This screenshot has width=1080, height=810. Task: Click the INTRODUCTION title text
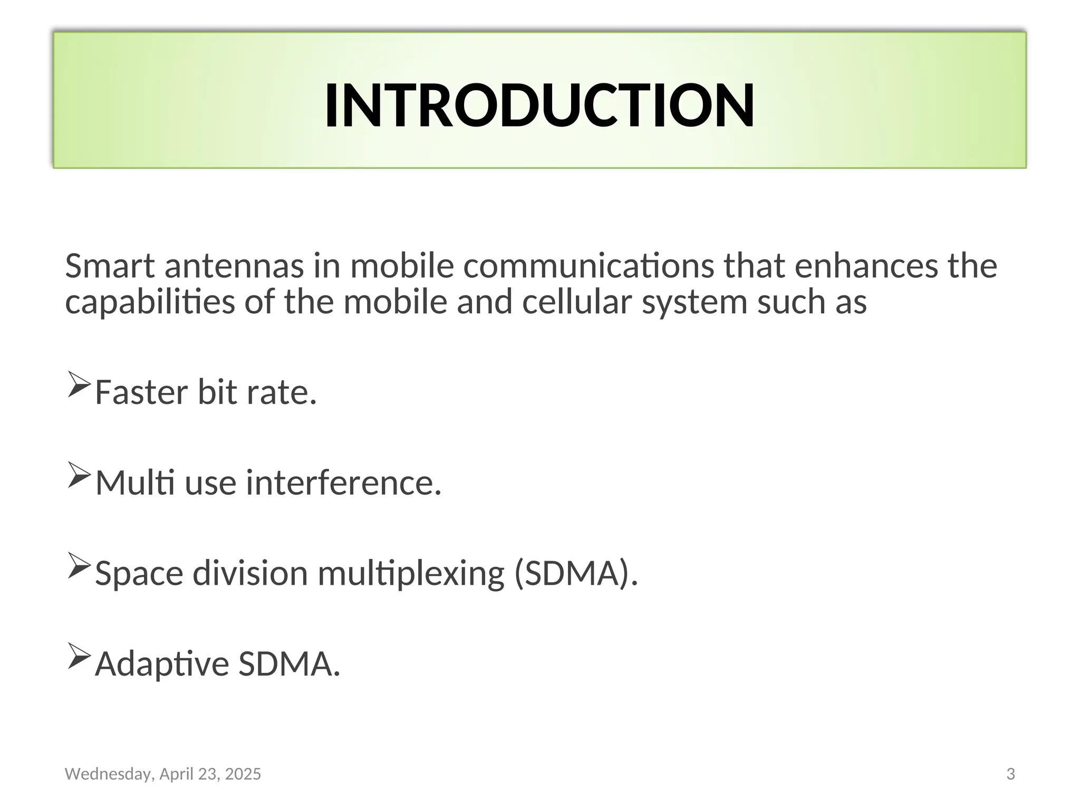click(539, 105)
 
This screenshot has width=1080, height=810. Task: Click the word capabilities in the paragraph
click(150, 302)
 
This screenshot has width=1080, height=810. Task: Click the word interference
click(343, 483)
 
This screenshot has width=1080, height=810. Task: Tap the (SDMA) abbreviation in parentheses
click(576, 573)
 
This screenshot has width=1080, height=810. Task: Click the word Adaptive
click(162, 663)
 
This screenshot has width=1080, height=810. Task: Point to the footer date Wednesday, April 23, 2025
click(162, 774)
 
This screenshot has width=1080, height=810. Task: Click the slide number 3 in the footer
click(1010, 774)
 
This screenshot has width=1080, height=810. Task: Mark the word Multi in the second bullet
click(135, 483)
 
